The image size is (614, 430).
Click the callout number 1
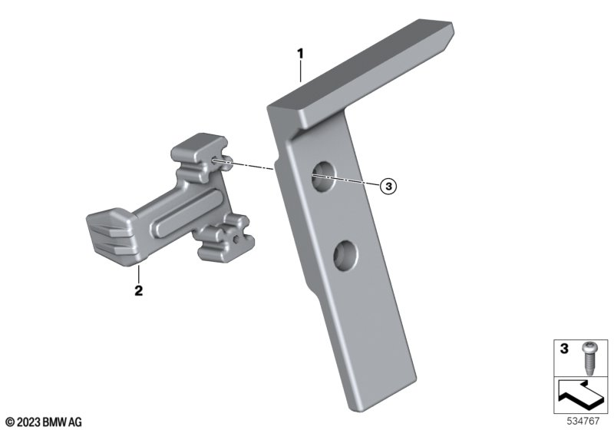[x=300, y=54]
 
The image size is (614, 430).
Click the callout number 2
[x=139, y=291]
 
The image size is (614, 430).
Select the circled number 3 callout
[x=388, y=186]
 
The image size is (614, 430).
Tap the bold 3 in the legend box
[x=564, y=349]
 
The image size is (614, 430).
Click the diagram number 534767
[x=583, y=421]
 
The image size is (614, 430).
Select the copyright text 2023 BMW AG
[x=44, y=422]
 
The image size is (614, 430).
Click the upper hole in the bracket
[x=323, y=177]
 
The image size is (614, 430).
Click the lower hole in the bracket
[x=345, y=256]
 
